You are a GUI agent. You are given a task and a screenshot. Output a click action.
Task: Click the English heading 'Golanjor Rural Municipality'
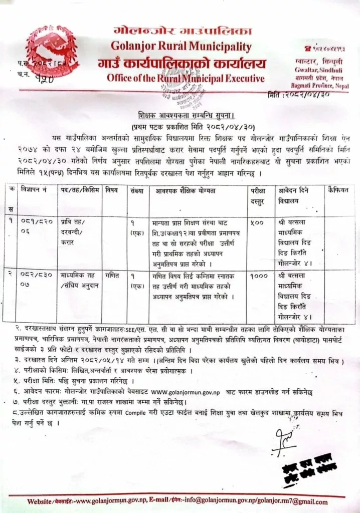(185, 48)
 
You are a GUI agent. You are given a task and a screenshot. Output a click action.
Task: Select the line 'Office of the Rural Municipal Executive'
(185, 79)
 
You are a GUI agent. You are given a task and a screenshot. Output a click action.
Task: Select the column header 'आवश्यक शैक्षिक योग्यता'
(198, 191)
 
